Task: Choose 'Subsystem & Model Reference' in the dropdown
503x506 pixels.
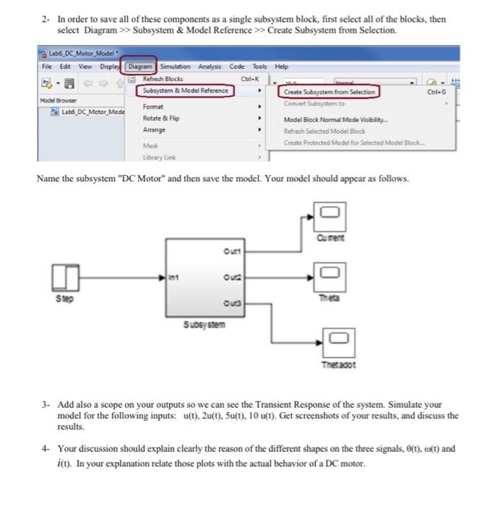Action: click(186, 90)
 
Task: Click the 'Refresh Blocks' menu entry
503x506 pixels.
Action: click(163, 79)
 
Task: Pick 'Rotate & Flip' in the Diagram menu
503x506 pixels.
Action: click(162, 118)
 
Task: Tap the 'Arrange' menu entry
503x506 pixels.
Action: click(155, 130)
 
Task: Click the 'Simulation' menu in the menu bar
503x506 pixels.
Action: click(181, 67)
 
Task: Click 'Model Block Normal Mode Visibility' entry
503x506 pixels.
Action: click(336, 120)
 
